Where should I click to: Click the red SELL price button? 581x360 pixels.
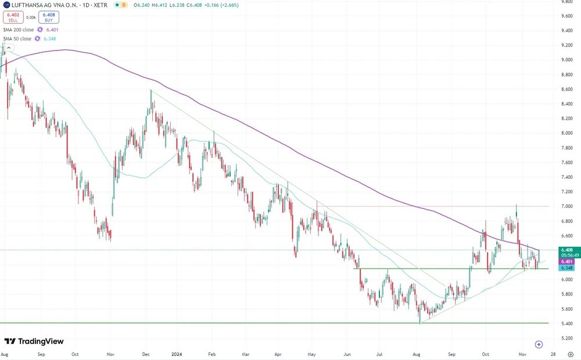12,17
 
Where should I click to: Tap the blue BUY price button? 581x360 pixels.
49,17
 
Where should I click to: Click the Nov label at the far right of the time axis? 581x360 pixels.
522,354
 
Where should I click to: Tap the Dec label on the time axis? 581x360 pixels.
146,354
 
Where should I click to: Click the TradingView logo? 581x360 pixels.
34,341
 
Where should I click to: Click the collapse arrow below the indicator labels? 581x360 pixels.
8,48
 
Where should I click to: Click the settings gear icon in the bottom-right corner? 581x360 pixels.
571,354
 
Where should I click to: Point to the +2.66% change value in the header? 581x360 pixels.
227,5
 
